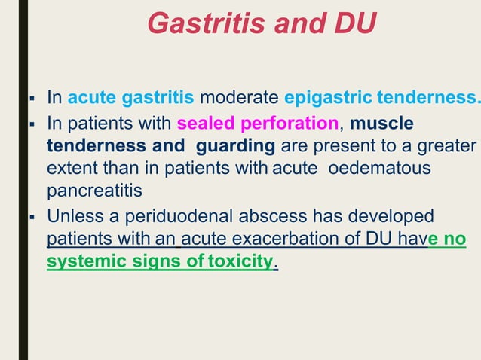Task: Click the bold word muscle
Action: [381, 122]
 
